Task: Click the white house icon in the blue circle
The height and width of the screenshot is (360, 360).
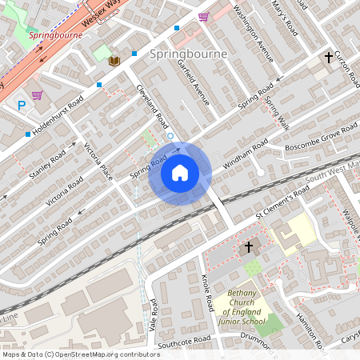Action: (x=180, y=173)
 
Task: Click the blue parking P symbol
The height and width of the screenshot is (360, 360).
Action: (x=22, y=105)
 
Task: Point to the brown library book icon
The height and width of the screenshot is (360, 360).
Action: (x=114, y=61)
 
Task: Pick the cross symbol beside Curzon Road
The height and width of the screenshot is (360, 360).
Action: (x=328, y=58)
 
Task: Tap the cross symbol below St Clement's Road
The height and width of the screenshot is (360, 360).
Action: (x=249, y=246)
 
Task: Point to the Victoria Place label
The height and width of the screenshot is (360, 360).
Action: (x=99, y=161)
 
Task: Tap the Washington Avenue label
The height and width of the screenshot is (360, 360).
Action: (x=254, y=34)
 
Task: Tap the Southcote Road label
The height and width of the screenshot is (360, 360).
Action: (x=184, y=341)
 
